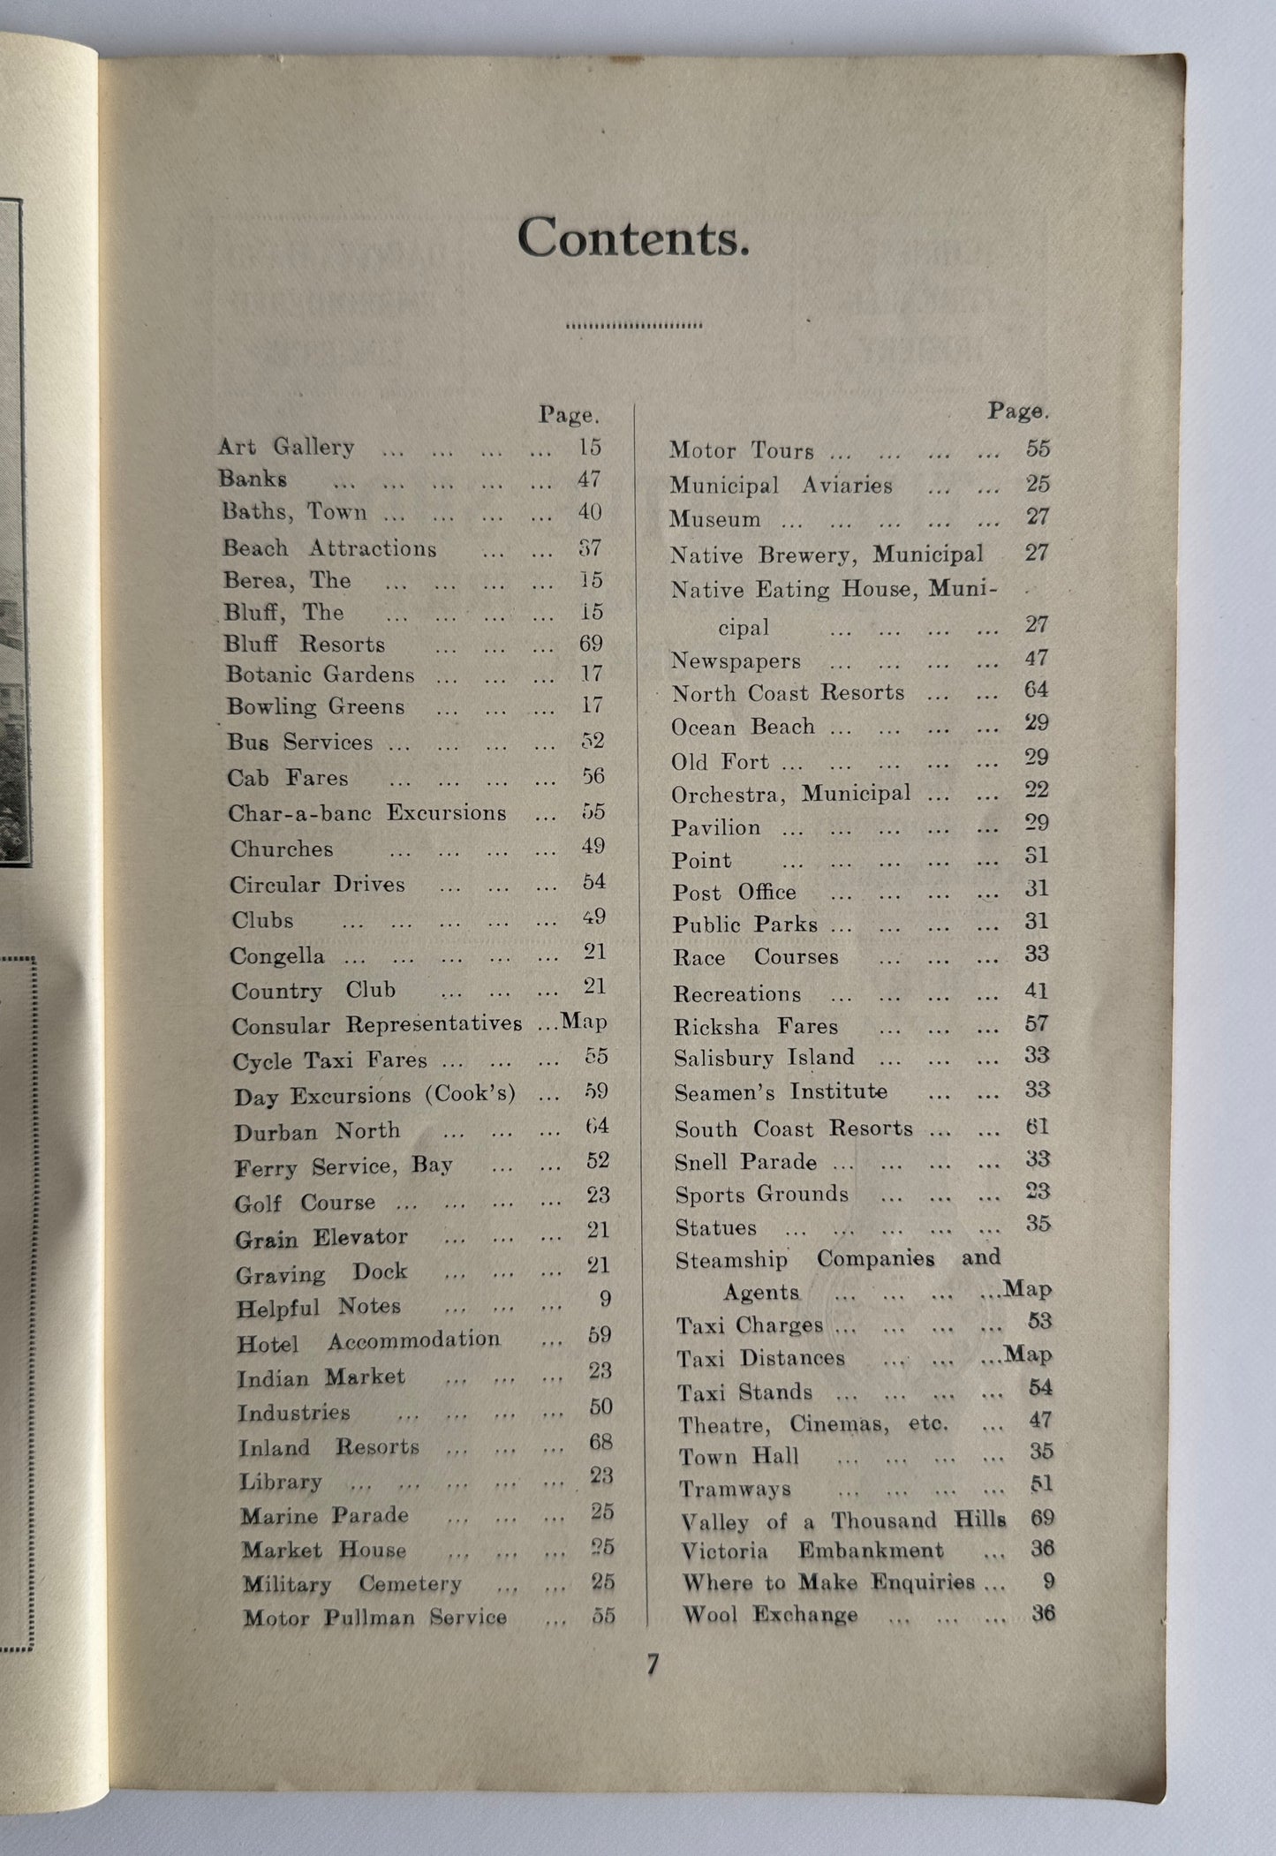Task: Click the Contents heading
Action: pyautogui.click(x=633, y=237)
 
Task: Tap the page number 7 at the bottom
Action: pyautogui.click(x=652, y=1664)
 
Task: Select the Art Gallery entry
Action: pyautogui.click(x=286, y=447)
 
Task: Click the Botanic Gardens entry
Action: pyautogui.click(x=320, y=675)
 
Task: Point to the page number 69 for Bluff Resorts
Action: pyautogui.click(x=591, y=643)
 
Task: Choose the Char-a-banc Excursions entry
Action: pyautogui.click(x=367, y=813)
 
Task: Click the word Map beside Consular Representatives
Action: pyautogui.click(x=585, y=1022)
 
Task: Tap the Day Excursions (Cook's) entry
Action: pyautogui.click(x=374, y=1096)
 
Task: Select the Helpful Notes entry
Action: pyautogui.click(x=319, y=1307)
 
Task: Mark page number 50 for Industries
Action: pyautogui.click(x=600, y=1407)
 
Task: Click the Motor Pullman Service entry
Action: pyautogui.click(x=374, y=1618)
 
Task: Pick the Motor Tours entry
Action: pyautogui.click(x=741, y=450)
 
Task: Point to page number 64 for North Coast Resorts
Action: pyautogui.click(x=1036, y=690)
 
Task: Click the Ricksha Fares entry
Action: pyautogui.click(x=755, y=1026)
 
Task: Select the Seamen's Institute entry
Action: pyautogui.click(x=781, y=1092)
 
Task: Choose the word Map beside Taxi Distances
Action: pyautogui.click(x=1029, y=1354)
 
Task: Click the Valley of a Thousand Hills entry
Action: pyautogui.click(x=842, y=1520)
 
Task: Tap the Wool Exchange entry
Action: pyautogui.click(x=769, y=1615)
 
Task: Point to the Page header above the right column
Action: pyautogui.click(x=1018, y=411)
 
